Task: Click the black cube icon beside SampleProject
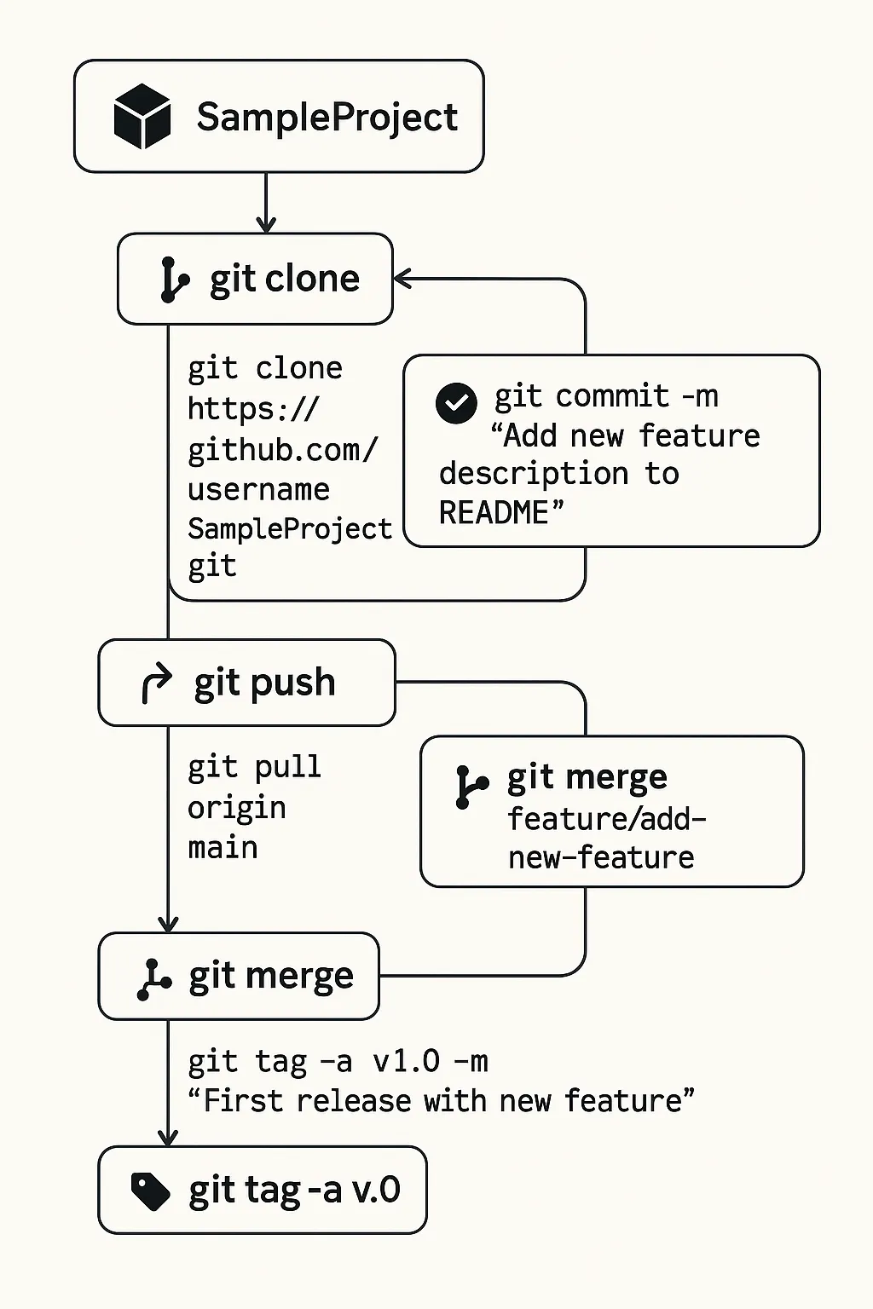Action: (x=142, y=117)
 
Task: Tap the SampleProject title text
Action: (x=327, y=117)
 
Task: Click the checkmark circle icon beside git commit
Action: (x=456, y=403)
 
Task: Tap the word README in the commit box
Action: (x=494, y=513)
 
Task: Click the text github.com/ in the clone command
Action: (x=282, y=450)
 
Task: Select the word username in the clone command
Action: (x=258, y=489)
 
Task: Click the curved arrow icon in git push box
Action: (x=155, y=683)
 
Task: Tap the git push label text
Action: (x=264, y=683)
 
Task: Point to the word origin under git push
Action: (x=236, y=808)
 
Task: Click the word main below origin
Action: (x=223, y=848)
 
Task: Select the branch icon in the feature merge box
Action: (x=470, y=787)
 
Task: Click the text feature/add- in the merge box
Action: (x=606, y=819)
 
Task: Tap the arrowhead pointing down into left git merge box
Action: (x=168, y=924)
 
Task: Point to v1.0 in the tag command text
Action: (x=407, y=1062)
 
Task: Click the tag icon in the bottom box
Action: (x=151, y=1191)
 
